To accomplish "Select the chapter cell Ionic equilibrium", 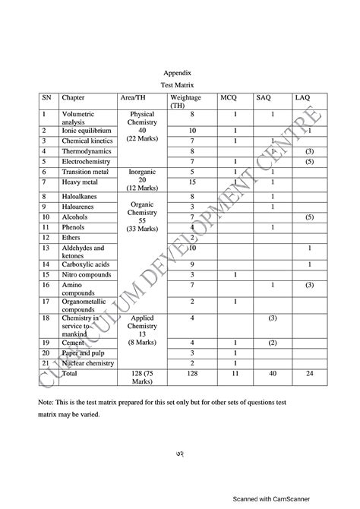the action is [x=87, y=131].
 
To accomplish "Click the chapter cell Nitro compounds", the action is [x=87, y=274].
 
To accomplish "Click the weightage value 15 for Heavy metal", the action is [x=193, y=182].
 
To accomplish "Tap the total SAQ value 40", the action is [x=272, y=374].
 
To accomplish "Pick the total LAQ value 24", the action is [x=310, y=374].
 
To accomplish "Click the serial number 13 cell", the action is [x=46, y=248].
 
